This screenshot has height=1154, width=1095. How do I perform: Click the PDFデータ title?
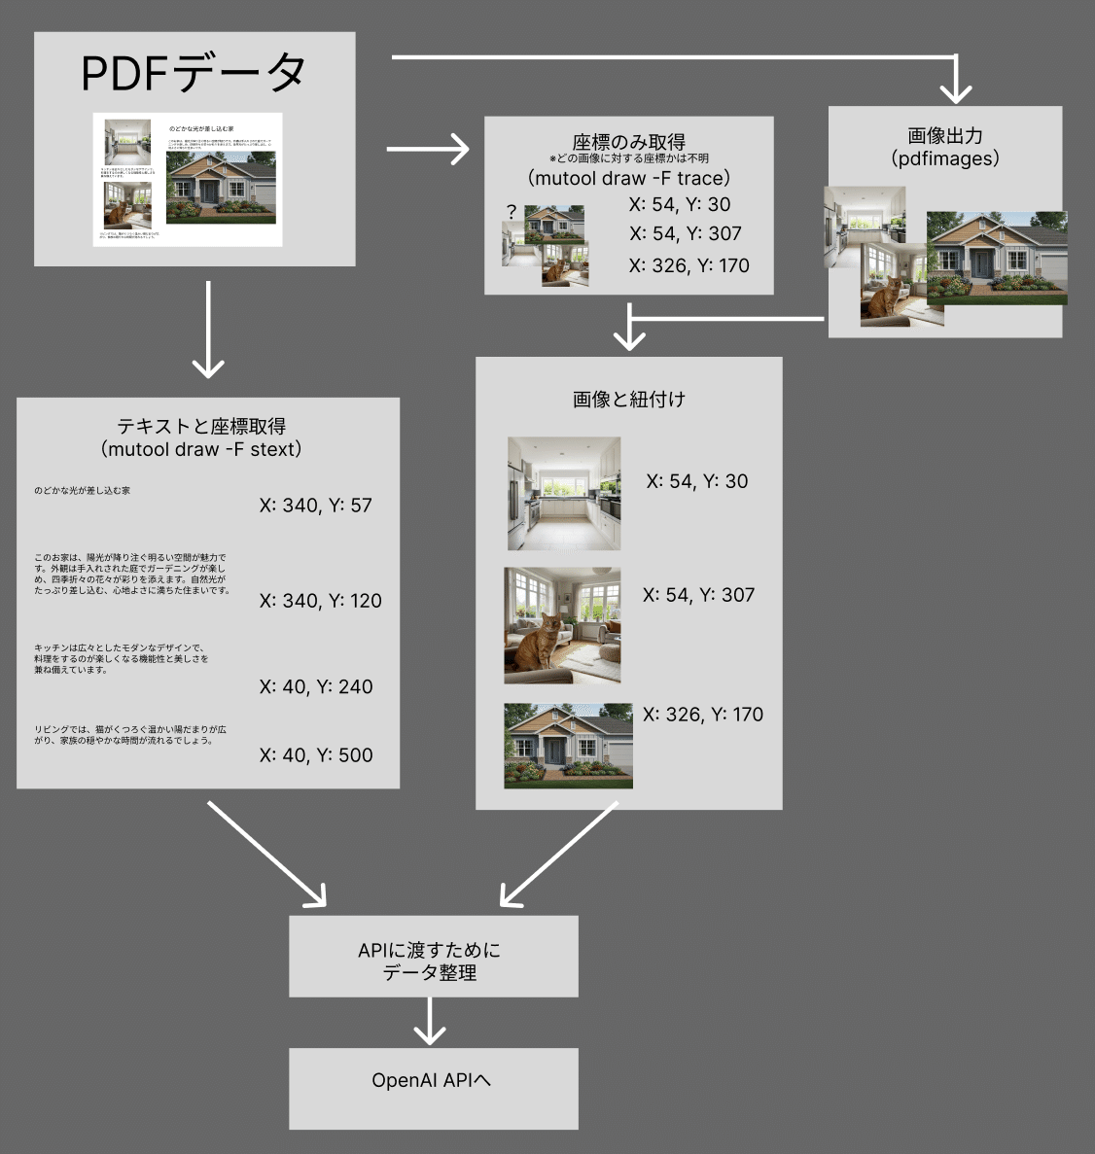pos(193,73)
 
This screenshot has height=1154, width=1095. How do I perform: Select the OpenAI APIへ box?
pos(433,1087)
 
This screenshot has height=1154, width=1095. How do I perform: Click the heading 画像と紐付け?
pos(628,399)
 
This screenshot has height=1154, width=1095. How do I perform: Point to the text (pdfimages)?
pos(944,158)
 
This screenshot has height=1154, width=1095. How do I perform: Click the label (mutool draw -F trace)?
pos(628,178)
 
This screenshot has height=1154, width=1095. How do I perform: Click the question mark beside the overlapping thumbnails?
pos(512,211)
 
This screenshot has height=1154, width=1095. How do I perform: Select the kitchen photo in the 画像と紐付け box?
pos(564,494)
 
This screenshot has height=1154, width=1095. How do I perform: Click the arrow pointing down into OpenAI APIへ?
pos(429,1022)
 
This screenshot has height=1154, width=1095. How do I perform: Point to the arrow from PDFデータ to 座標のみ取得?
pos(428,149)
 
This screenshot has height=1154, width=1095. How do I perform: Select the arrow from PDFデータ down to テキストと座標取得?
pos(207,331)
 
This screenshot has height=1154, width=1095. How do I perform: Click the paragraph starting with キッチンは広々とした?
pos(122,658)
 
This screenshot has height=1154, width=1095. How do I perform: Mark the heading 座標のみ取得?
pos(628,142)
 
